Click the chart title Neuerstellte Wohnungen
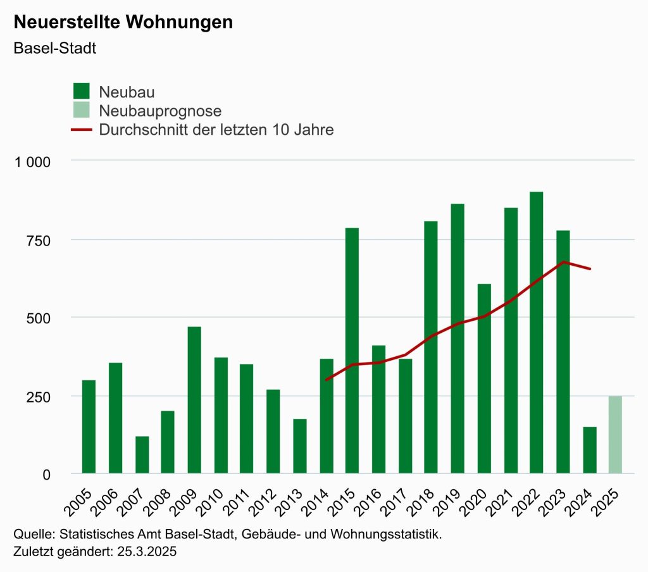123,22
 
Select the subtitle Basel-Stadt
54,49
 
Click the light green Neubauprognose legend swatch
82,111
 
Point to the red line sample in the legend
82,130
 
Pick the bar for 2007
142,454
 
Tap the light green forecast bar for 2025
615,435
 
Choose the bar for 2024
589,450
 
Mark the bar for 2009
194,400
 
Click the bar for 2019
458,339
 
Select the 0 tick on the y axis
46,474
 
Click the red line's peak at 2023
563,261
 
